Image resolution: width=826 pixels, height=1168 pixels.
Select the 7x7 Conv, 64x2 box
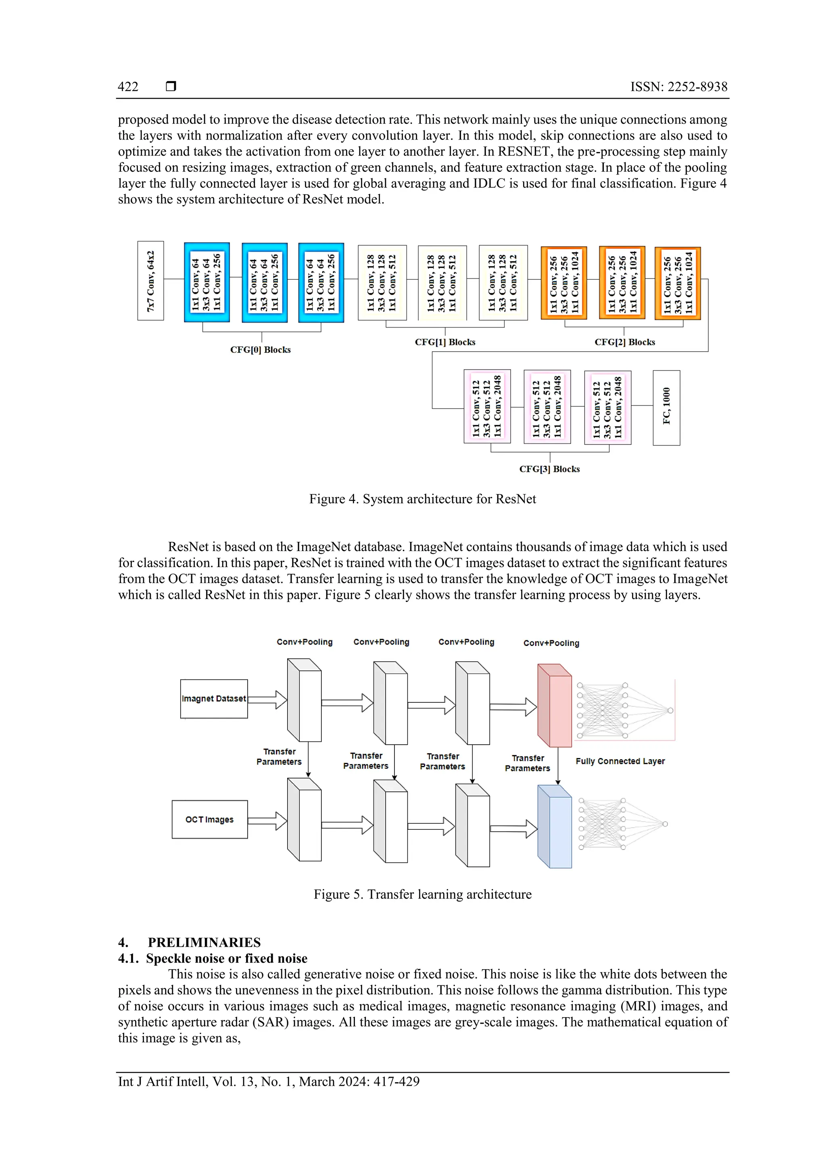(151, 281)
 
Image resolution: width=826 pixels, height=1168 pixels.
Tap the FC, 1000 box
(666, 408)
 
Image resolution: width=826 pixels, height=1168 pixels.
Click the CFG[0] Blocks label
(260, 350)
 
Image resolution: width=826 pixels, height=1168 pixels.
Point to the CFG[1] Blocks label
(445, 342)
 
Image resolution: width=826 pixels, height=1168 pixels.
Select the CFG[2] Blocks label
(624, 342)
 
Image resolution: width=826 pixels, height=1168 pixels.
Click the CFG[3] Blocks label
(549, 469)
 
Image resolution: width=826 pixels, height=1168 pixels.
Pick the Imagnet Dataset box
(214, 699)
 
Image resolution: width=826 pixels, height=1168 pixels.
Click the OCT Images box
(210, 820)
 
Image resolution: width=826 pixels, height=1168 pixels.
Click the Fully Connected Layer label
(620, 761)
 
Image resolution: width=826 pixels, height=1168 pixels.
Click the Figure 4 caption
(422, 499)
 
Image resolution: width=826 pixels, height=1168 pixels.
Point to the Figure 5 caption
(422, 894)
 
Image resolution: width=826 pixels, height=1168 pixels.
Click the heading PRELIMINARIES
(204, 942)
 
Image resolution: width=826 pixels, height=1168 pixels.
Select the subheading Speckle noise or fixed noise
(227, 958)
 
